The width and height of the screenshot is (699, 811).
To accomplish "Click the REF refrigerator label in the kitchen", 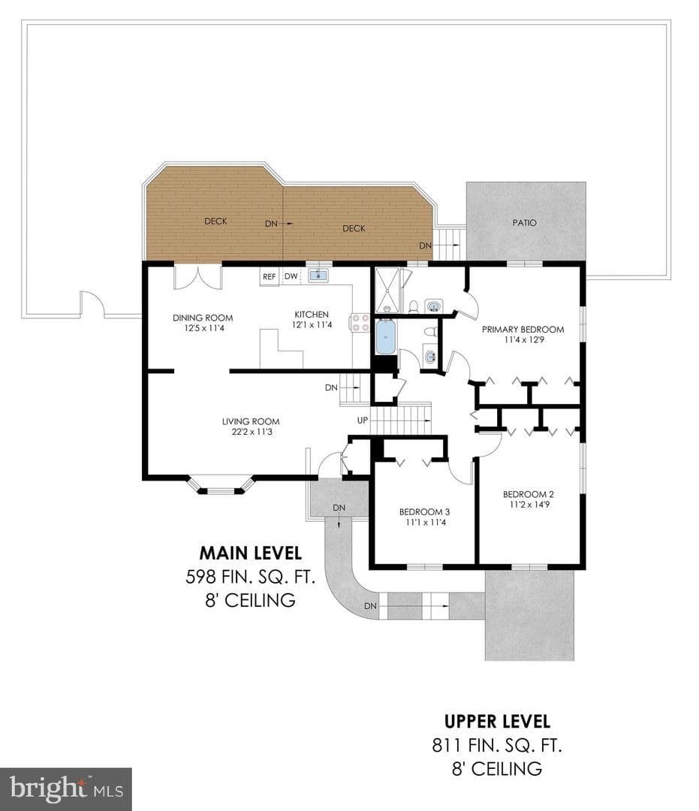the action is pyautogui.click(x=269, y=276).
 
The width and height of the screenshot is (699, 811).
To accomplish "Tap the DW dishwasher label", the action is pyautogui.click(x=291, y=276).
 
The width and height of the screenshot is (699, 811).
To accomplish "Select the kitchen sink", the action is pyautogui.click(x=318, y=275).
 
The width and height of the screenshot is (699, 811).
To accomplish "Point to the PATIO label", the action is pyautogui.click(x=524, y=223).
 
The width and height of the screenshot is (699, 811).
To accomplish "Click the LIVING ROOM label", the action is pyautogui.click(x=251, y=421).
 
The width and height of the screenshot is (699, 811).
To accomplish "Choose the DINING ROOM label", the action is pyautogui.click(x=203, y=318).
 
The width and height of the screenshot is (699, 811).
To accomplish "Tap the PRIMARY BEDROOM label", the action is pyautogui.click(x=523, y=330).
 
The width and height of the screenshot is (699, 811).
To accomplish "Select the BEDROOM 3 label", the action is pyautogui.click(x=424, y=512).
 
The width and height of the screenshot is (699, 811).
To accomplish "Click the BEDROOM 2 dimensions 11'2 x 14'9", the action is pyautogui.click(x=529, y=505).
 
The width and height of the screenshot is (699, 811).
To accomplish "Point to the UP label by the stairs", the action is pyautogui.click(x=363, y=420).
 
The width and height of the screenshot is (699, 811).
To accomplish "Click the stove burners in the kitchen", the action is pyautogui.click(x=361, y=323).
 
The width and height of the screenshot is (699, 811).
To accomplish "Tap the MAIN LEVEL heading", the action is pyautogui.click(x=251, y=553).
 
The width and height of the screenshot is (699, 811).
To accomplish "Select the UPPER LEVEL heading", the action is pyautogui.click(x=497, y=721).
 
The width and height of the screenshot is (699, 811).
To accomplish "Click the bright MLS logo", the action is pyautogui.click(x=65, y=789).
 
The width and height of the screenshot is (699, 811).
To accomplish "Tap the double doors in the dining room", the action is pyautogui.click(x=198, y=277).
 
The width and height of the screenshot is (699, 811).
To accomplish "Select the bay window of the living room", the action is pyautogui.click(x=221, y=484).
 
